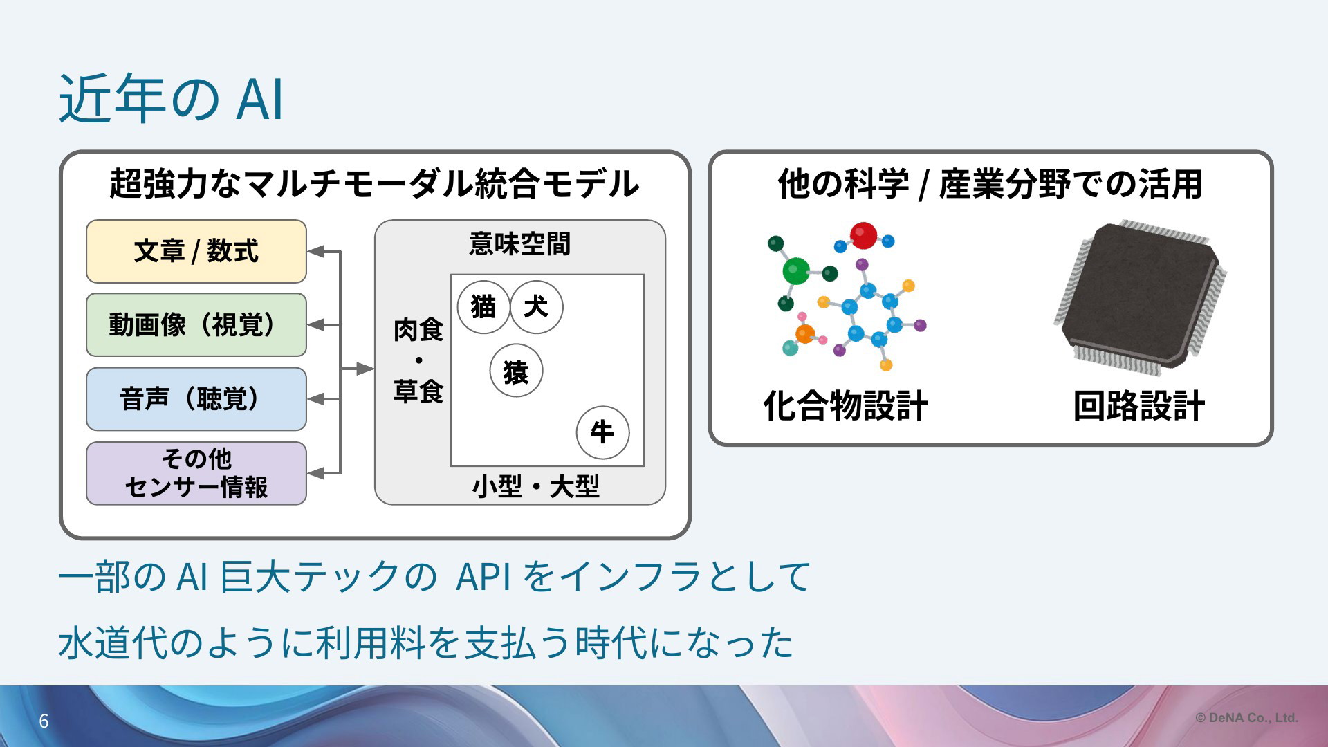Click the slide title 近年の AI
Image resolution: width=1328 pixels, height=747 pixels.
[x=171, y=99]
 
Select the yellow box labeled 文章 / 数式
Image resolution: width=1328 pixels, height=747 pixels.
[x=196, y=251]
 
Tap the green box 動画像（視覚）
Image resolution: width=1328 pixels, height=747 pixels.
[x=196, y=325]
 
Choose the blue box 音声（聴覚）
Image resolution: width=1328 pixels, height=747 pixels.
[x=196, y=399]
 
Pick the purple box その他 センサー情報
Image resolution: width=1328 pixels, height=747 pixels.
[x=196, y=473]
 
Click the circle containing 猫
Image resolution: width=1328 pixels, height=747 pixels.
[x=483, y=307]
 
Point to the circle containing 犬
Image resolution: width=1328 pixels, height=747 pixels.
[x=536, y=307]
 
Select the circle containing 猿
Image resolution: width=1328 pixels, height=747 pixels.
[x=516, y=371]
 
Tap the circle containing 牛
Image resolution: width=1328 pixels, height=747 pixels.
[x=602, y=432]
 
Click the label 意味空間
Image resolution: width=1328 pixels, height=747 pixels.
[x=519, y=243]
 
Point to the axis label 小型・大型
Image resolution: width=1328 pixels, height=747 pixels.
[x=536, y=486]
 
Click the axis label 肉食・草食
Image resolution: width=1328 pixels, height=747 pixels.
[x=418, y=360]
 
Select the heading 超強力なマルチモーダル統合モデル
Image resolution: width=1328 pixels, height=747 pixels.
[x=374, y=184]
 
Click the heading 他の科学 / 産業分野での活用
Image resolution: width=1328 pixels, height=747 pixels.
[x=990, y=184]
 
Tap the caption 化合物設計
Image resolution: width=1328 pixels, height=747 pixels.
[x=845, y=405]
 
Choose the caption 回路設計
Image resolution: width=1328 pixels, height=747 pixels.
[x=1138, y=405]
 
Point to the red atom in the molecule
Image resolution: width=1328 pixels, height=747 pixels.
[x=863, y=235]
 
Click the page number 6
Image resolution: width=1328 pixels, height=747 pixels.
[x=44, y=721]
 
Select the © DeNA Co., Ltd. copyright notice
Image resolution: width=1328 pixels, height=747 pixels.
[x=1246, y=718]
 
